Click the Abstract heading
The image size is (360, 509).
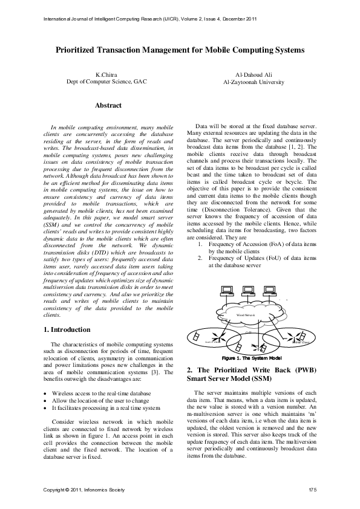[x=108, y=105]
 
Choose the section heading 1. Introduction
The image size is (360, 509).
[x=68, y=330]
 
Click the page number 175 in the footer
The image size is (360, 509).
[x=312, y=488]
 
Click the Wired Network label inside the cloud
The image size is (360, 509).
[x=246, y=315]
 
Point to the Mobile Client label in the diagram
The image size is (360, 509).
[x=300, y=342]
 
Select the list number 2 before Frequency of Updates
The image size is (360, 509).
[x=200, y=258]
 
